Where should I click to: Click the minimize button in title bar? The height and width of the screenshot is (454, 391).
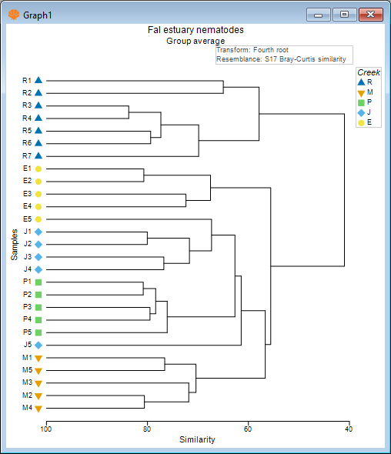point(318,14)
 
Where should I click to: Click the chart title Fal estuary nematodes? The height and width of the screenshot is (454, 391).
point(195,30)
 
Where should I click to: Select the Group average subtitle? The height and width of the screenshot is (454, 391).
point(195,41)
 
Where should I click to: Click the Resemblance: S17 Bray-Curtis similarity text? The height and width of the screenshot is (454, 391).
point(281,59)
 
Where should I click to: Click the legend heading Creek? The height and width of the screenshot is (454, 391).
point(369,72)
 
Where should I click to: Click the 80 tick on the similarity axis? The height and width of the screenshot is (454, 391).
point(147,429)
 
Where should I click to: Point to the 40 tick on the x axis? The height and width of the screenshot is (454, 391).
point(349,429)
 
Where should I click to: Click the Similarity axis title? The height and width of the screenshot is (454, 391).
point(197,440)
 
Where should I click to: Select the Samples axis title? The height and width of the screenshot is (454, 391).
point(15,244)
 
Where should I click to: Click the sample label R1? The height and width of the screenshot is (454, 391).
point(27,80)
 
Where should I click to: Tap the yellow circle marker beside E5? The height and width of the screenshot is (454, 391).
point(38,219)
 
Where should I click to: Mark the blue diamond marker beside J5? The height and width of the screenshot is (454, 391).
point(38,345)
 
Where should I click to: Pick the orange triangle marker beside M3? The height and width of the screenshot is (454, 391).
point(38,382)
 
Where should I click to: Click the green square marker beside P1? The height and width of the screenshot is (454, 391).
point(38,282)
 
